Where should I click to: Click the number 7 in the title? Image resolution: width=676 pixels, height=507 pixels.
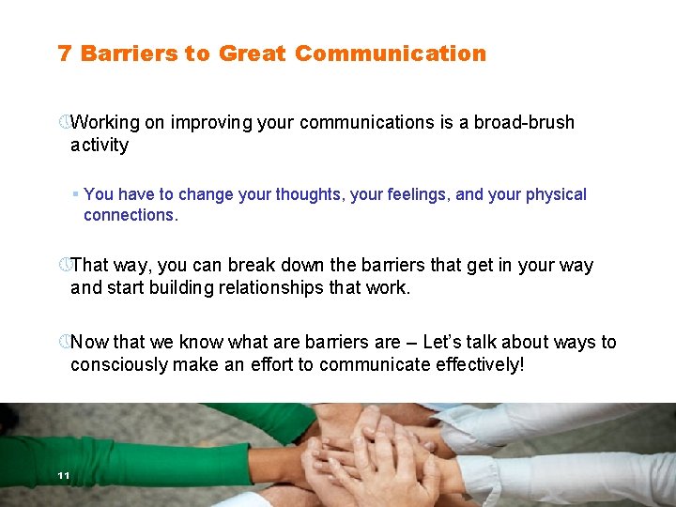pyautogui.click(x=65, y=54)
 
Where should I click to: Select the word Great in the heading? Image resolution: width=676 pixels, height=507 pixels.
pyautogui.click(x=252, y=54)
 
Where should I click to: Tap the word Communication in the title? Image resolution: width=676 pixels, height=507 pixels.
pyautogui.click(x=391, y=54)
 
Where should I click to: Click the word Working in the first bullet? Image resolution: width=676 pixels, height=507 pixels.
pyautogui.click(x=105, y=122)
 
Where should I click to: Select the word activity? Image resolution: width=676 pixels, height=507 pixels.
pyautogui.click(x=100, y=145)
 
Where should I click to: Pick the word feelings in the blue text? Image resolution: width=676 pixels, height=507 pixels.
pyautogui.click(x=412, y=194)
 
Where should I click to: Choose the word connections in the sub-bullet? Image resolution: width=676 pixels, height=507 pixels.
pyautogui.click(x=131, y=215)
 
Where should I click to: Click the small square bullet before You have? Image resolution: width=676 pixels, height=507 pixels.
pyautogui.click(x=75, y=194)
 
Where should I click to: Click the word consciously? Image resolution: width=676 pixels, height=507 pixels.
pyautogui.click(x=119, y=364)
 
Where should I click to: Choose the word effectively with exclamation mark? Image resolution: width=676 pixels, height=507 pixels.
pyautogui.click(x=478, y=364)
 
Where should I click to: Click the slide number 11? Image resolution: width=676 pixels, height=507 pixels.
pyautogui.click(x=63, y=476)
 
